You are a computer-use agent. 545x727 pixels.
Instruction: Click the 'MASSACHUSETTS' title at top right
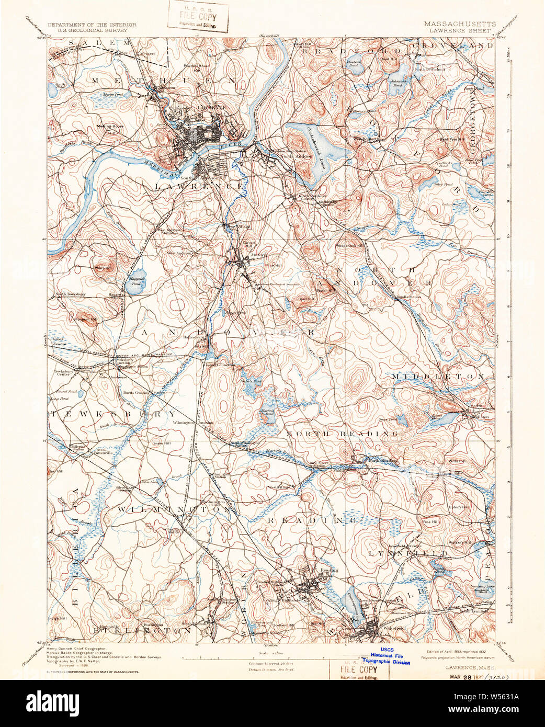(x=460, y=24)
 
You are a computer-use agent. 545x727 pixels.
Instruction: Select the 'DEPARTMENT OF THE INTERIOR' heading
(x=92, y=25)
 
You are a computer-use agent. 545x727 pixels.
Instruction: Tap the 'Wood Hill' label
(x=103, y=268)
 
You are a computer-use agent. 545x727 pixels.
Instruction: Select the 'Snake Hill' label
(x=162, y=444)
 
